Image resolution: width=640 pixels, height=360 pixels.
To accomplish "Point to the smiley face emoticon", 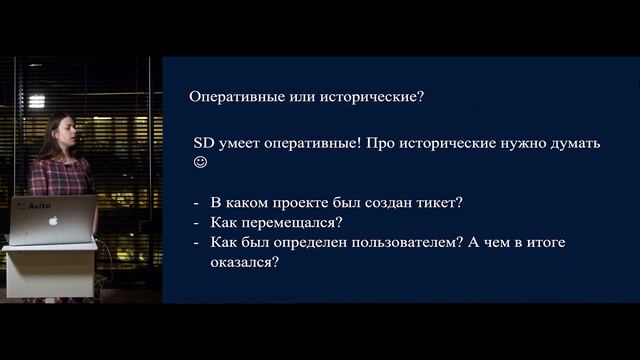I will [x=201, y=162].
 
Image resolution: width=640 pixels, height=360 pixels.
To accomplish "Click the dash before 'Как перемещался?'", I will [x=197, y=222].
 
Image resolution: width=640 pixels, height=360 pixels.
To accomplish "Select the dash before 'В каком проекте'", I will [x=197, y=202].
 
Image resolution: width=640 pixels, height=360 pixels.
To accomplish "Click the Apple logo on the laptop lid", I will [x=53, y=219].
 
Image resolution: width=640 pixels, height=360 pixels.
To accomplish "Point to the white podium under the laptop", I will [x=48, y=270].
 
